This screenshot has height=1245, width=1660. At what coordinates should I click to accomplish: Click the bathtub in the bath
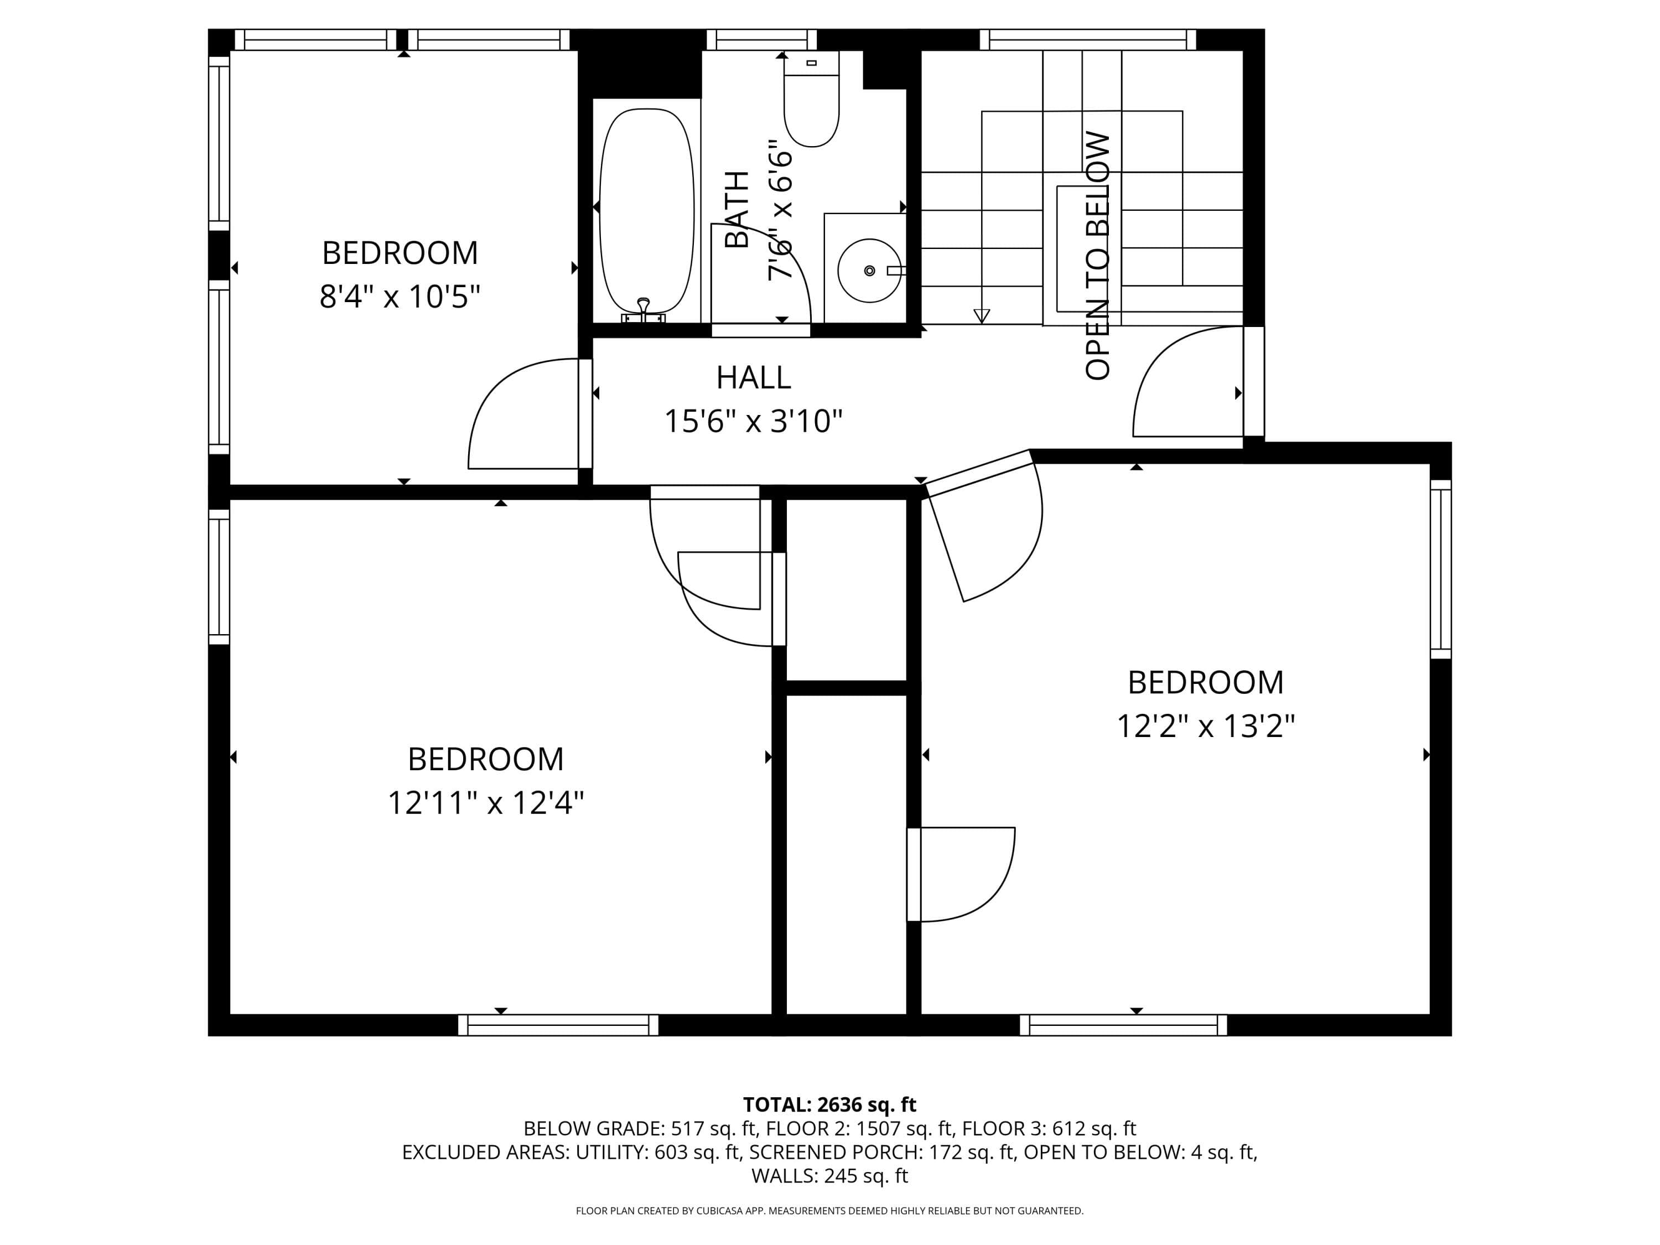pyautogui.click(x=647, y=211)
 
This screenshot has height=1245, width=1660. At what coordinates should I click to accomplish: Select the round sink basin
pyautogui.click(x=869, y=270)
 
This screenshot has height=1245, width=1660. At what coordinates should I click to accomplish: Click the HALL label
pyautogui.click(x=754, y=377)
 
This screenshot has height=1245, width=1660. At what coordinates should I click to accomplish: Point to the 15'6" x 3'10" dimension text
pyautogui.click(x=754, y=421)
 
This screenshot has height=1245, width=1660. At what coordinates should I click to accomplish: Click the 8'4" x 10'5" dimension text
pyautogui.click(x=400, y=297)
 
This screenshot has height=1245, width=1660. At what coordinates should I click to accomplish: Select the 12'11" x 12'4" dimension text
pyautogui.click(x=485, y=803)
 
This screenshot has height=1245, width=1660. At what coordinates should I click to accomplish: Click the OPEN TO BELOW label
pyautogui.click(x=1097, y=256)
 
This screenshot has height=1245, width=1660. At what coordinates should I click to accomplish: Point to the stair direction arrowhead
pyautogui.click(x=982, y=316)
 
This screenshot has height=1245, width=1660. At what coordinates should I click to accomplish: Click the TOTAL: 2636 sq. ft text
pyautogui.click(x=829, y=1104)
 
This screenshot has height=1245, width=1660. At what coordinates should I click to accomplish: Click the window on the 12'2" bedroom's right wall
pyautogui.click(x=1440, y=569)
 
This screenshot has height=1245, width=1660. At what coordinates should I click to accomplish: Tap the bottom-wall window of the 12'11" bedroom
pyautogui.click(x=558, y=1025)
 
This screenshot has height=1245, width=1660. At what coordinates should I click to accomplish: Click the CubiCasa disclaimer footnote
pyautogui.click(x=829, y=1211)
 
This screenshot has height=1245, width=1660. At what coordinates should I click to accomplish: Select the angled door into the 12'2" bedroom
pyautogui.click(x=984, y=525)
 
